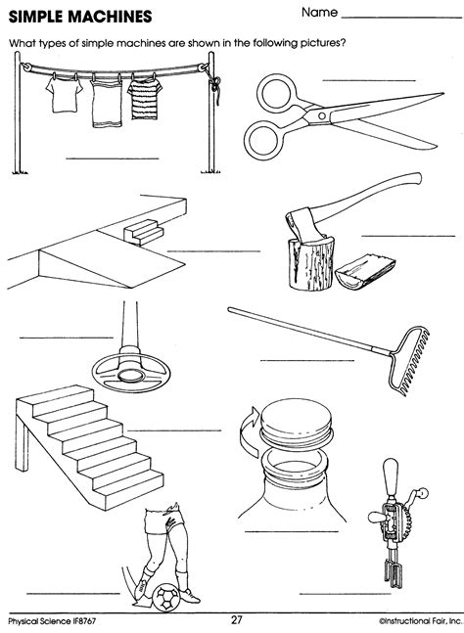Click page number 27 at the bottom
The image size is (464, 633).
click(236, 619)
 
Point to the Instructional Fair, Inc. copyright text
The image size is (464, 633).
click(402, 620)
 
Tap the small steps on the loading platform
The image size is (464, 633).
click(144, 231)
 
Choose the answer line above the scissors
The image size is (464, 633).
click(369, 78)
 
